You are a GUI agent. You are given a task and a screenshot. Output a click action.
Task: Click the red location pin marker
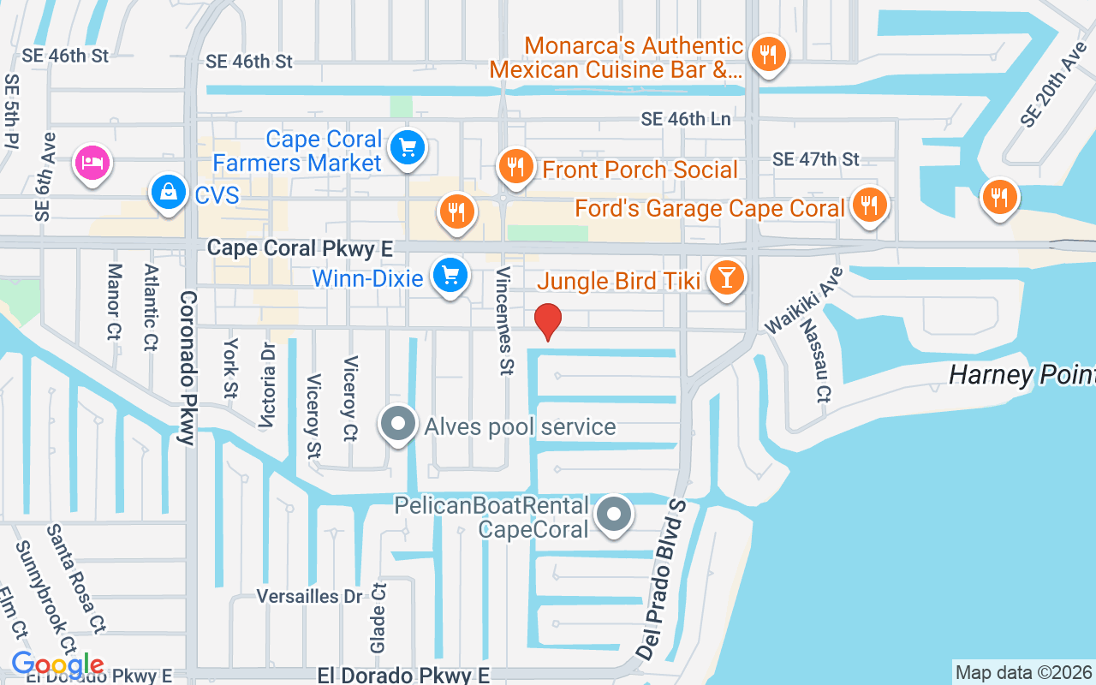pyautogui.click(x=548, y=321)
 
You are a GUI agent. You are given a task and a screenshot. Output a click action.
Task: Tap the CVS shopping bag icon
pyautogui.click(x=170, y=193)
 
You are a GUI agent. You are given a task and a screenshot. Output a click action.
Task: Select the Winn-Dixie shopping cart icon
pyautogui.click(x=450, y=276)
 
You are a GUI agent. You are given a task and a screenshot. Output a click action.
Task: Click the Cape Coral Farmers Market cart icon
pyautogui.click(x=408, y=149)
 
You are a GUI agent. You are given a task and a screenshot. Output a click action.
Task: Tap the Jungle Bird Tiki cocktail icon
pyautogui.click(x=727, y=278)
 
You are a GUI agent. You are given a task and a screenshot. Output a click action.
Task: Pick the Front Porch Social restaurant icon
pyautogui.click(x=515, y=167)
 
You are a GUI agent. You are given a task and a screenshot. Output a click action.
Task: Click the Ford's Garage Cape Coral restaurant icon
pyautogui.click(x=870, y=205)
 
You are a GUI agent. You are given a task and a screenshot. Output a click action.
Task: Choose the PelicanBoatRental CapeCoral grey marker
pyautogui.click(x=613, y=515)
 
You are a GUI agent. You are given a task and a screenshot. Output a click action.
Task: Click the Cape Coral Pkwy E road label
pyautogui.click(x=301, y=248)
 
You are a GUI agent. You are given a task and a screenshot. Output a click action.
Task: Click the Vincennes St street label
pyautogui.click(x=503, y=319)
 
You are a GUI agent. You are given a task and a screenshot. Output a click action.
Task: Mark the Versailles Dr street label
pyautogui.click(x=310, y=596)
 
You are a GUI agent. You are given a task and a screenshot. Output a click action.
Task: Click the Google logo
pyautogui.click(x=57, y=664)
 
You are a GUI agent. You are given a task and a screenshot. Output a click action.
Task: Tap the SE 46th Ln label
pyautogui.click(x=686, y=119)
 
